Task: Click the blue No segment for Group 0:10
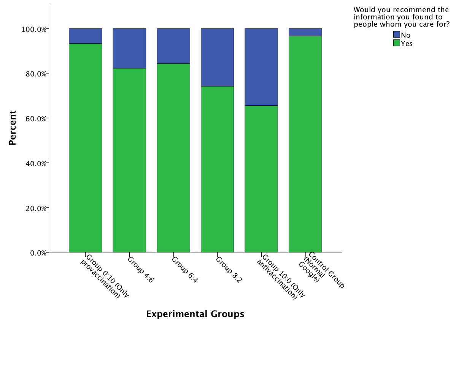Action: pyautogui.click(x=86, y=36)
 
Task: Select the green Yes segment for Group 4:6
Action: pyautogui.click(x=129, y=160)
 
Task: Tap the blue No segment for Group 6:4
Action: pyautogui.click(x=173, y=46)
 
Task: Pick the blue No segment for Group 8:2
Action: pyautogui.click(x=217, y=57)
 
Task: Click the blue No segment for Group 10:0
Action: pyautogui.click(x=261, y=67)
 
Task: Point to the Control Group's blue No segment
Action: pyautogui.click(x=305, y=32)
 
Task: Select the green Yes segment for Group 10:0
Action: pyautogui.click(x=261, y=179)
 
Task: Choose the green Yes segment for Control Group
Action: pyautogui.click(x=305, y=144)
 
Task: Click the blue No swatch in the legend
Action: pyautogui.click(x=396, y=35)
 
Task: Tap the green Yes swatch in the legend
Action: pyautogui.click(x=396, y=43)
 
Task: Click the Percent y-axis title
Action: pyautogui.click(x=13, y=128)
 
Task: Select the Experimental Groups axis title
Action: pyautogui.click(x=195, y=314)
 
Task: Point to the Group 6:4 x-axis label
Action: pyautogui.click(x=185, y=270)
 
